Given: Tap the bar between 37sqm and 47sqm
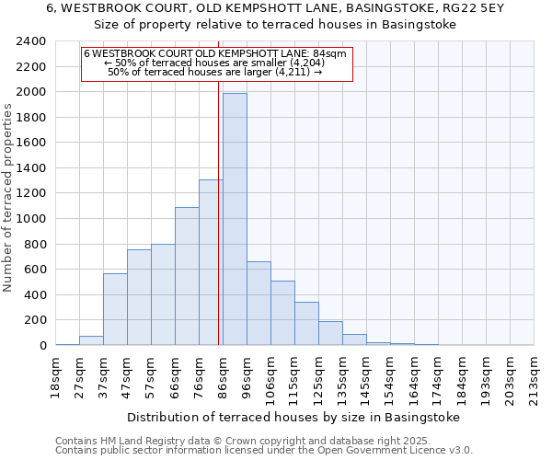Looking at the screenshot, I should (115, 309).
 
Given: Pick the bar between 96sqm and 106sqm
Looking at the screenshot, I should (259, 304).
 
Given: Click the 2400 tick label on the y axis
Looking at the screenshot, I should (30, 41).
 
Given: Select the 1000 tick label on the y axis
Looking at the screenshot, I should (30, 219).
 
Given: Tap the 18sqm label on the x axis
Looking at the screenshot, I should (55, 378).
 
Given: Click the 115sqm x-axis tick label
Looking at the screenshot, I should (294, 378).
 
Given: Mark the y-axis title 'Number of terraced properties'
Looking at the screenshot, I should (8, 198).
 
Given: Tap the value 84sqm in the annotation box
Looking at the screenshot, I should (329, 53).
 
